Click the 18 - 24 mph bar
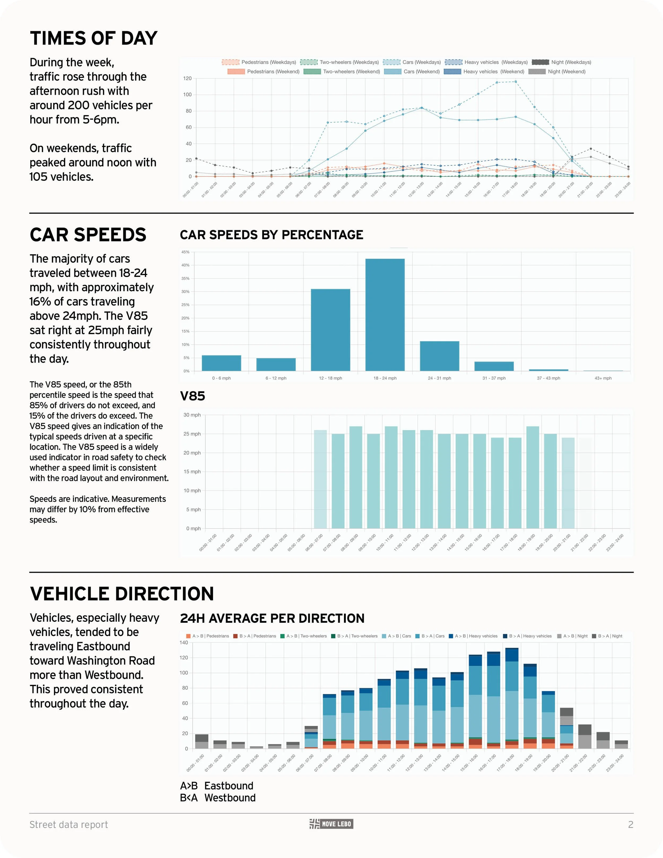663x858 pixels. pos(385,314)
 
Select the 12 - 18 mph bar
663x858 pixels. pos(330,330)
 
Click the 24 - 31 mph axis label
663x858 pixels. pos(439,378)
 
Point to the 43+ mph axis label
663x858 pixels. pos(603,378)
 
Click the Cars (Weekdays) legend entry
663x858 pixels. pos(412,62)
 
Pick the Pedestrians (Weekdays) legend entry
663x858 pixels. pos(259,62)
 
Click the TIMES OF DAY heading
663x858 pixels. pos(93,38)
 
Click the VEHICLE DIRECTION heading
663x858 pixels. pos(122,594)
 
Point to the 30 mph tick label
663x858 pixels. pos(192,415)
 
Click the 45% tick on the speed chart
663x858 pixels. pos(185,252)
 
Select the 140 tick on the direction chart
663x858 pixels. pos(184,642)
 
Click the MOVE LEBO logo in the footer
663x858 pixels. pos(331,824)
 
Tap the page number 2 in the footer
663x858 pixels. pos(630,825)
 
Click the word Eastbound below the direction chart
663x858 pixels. pos(229,786)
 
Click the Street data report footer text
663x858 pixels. pos(69,825)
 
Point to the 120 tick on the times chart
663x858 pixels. pos(187,79)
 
